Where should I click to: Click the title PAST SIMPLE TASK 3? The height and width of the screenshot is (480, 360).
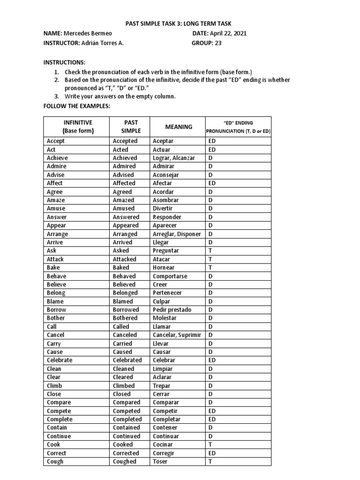(x=179, y=23)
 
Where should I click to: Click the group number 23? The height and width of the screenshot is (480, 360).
(x=218, y=43)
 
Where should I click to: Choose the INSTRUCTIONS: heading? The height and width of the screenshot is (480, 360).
(x=65, y=62)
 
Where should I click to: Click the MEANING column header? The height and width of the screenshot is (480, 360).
(x=178, y=127)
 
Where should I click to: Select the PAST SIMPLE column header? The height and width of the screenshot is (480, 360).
(x=127, y=127)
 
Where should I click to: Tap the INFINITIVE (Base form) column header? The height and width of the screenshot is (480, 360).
(x=76, y=127)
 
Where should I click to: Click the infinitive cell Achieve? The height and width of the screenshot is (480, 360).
(x=56, y=158)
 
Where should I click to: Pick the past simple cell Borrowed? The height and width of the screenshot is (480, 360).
(x=126, y=310)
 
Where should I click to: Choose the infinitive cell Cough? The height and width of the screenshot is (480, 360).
(x=55, y=461)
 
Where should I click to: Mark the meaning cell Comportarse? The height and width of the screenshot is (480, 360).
(x=170, y=276)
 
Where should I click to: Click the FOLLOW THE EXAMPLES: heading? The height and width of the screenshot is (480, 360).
(x=76, y=106)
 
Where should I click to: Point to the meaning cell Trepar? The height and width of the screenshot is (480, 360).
(x=162, y=385)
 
